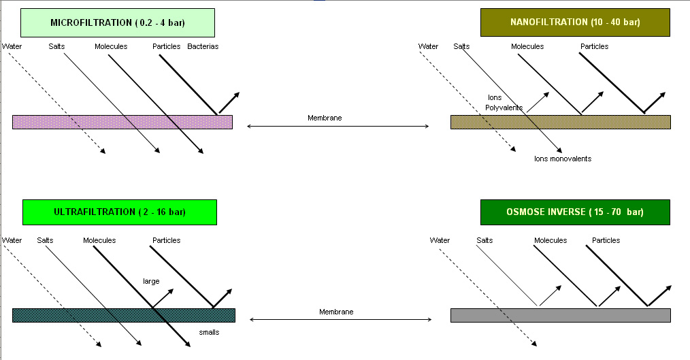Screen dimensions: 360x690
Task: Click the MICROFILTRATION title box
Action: tap(118, 22)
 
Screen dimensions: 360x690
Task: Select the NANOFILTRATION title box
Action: tap(575, 22)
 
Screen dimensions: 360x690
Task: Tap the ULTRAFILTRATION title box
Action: tap(119, 212)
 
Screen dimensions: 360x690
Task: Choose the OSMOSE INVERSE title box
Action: tap(575, 212)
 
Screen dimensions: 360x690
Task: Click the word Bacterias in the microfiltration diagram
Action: tap(203, 46)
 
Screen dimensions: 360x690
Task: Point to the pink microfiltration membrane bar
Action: tap(122, 122)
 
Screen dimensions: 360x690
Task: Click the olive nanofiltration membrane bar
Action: tap(560, 122)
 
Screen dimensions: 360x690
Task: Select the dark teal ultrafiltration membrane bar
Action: tap(123, 315)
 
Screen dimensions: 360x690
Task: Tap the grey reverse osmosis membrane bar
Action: tap(560, 315)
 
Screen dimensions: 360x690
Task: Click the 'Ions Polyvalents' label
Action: tap(500, 103)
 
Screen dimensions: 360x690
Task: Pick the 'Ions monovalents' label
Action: tap(563, 159)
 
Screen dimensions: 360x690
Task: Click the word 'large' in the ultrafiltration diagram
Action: tap(151, 280)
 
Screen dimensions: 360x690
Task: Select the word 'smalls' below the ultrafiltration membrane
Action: tap(209, 332)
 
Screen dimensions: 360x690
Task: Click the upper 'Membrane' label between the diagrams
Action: tap(325, 118)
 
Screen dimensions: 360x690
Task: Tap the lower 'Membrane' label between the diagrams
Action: tap(336, 312)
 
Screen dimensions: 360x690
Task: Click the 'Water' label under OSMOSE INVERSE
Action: tap(440, 240)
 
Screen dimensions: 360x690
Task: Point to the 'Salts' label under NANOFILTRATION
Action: tap(461, 46)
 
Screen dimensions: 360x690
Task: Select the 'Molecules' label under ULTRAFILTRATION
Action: tap(99, 240)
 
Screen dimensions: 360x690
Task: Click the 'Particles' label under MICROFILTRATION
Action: tap(167, 46)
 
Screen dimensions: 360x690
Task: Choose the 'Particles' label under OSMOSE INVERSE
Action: tap(606, 240)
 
